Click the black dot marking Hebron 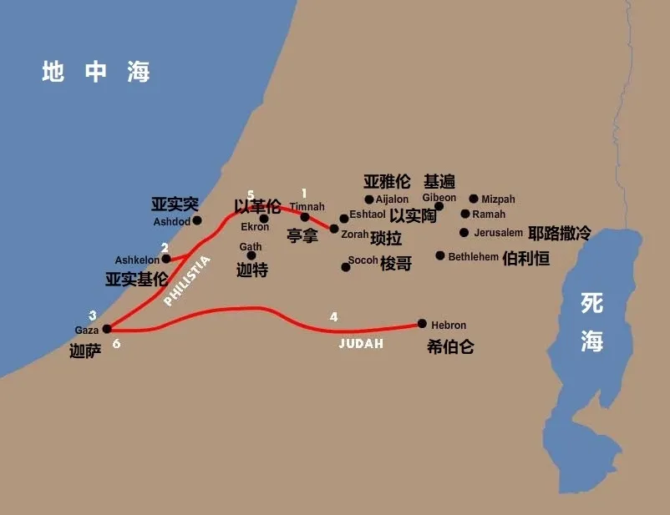pyautogui.click(x=422, y=324)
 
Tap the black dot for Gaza pyautogui.click(x=106, y=329)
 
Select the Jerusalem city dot pyautogui.click(x=464, y=232)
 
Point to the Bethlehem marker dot pyautogui.click(x=440, y=255)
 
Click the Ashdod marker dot pyautogui.click(x=197, y=220)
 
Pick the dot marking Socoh pyautogui.click(x=345, y=267)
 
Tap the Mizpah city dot pyautogui.click(x=474, y=199)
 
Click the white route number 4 pyautogui.click(x=334, y=317)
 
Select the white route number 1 pyautogui.click(x=304, y=194)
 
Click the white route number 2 pyautogui.click(x=165, y=248)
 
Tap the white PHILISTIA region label pyautogui.click(x=187, y=281)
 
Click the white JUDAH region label pyautogui.click(x=361, y=343)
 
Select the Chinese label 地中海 pyautogui.click(x=96, y=73)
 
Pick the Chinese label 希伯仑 pyautogui.click(x=449, y=346)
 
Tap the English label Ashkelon pyautogui.click(x=137, y=260)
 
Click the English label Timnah pyautogui.click(x=307, y=206)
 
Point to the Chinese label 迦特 pyautogui.click(x=251, y=270)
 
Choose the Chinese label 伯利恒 pyautogui.click(x=526, y=258)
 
